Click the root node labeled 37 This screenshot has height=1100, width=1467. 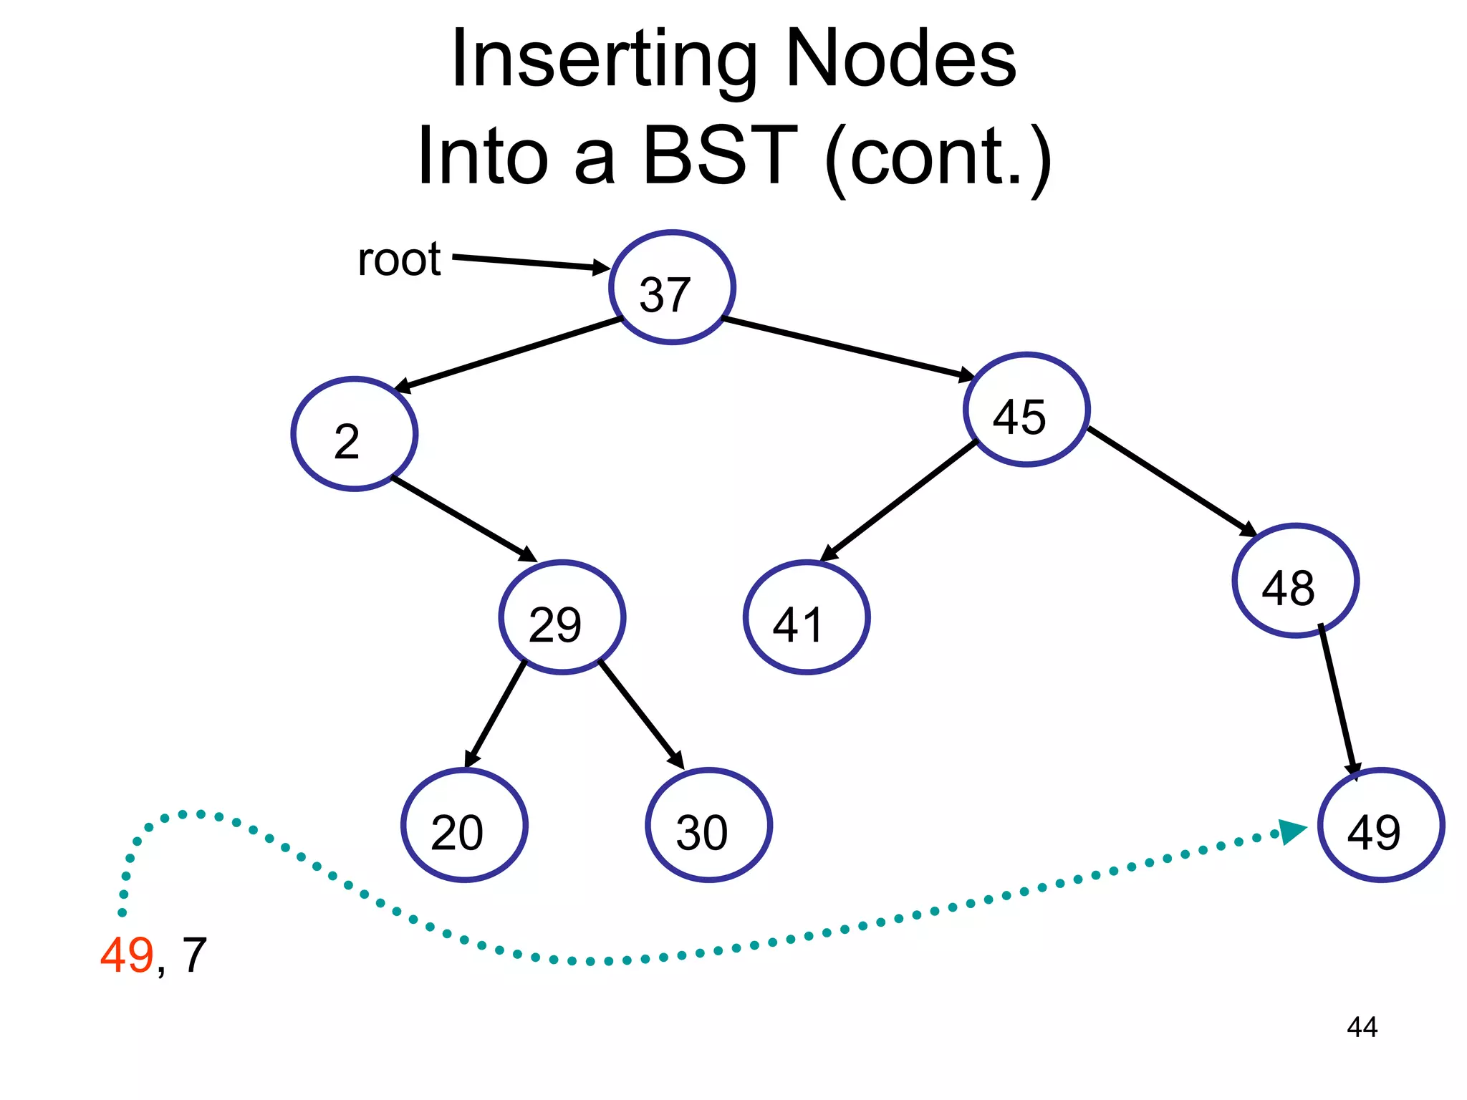point(672,287)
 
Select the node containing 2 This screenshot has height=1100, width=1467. point(355,434)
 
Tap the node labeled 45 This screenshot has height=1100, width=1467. point(1026,410)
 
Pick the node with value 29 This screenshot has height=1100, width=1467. point(562,617)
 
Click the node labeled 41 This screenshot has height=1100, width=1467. point(807,617)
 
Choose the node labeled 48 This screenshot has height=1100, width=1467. point(1295,581)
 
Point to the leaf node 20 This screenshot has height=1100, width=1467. point(464,825)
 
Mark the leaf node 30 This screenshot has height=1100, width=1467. point(708,825)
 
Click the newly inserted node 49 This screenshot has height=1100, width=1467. point(1380,825)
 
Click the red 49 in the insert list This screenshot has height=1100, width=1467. point(127,955)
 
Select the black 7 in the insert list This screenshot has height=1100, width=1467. point(194,955)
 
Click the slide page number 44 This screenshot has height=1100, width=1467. point(1362,1027)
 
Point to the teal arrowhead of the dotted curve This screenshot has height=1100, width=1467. point(1293,831)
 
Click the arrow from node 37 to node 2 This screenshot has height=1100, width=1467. point(509,355)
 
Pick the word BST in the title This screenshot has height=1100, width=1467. point(719,155)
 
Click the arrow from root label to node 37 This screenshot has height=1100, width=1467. point(530,262)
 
